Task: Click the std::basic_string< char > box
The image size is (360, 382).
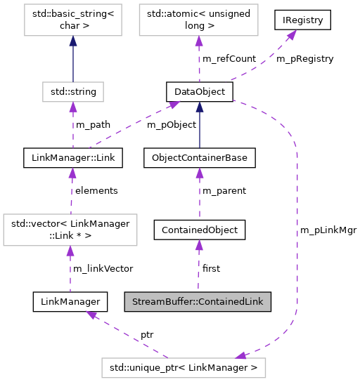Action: click(x=72, y=21)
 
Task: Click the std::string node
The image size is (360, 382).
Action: click(x=72, y=91)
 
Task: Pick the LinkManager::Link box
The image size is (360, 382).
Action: click(x=72, y=158)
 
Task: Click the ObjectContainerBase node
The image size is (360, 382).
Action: click(x=199, y=158)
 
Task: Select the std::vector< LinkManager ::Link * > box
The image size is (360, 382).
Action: click(x=69, y=230)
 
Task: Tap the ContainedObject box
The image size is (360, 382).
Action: click(x=200, y=229)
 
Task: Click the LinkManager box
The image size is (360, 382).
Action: click(x=70, y=302)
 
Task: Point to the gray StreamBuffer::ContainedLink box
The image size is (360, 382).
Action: click(x=198, y=302)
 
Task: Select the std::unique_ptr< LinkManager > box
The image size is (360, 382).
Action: click(x=184, y=367)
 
